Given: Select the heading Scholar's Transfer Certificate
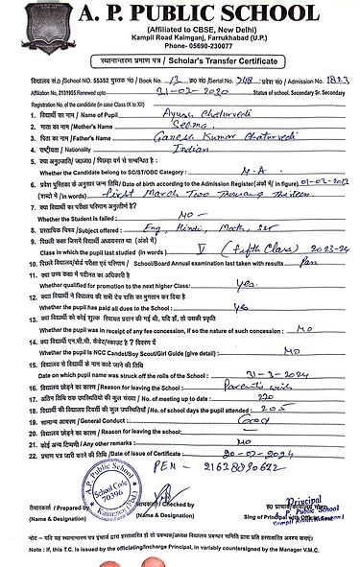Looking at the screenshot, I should (227, 72).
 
